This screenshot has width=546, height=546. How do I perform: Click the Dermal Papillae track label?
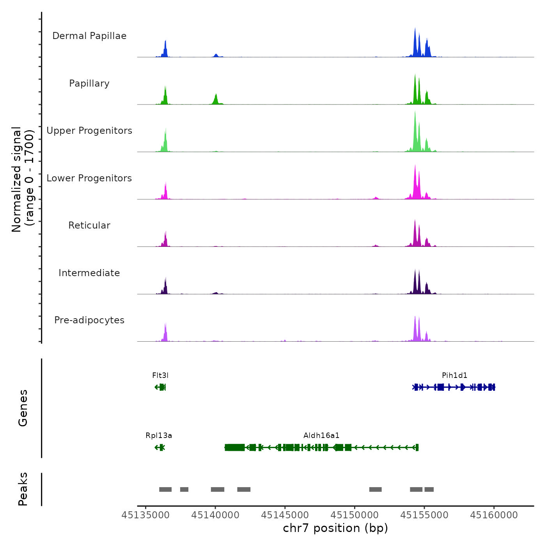click(89, 36)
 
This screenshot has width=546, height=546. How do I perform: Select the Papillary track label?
click(89, 83)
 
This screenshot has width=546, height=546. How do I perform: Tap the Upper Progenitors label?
click(89, 131)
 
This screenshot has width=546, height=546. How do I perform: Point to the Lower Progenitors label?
click(89, 178)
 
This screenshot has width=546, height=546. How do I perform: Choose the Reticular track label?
click(89, 225)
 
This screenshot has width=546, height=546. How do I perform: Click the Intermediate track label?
click(89, 273)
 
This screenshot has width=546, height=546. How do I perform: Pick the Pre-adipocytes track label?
click(89, 320)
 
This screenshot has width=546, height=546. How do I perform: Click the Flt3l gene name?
click(160, 376)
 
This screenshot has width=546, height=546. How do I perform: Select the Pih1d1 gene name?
click(454, 376)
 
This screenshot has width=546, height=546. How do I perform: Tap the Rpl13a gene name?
click(159, 436)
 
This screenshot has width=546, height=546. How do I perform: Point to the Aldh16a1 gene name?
click(321, 436)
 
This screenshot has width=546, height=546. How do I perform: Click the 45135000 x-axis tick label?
click(145, 515)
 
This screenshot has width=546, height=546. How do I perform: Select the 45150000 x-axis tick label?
click(355, 515)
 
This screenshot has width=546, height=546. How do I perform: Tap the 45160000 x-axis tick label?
click(494, 515)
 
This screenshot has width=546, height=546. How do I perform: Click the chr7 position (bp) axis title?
click(335, 528)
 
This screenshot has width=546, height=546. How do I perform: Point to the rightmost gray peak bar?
click(429, 489)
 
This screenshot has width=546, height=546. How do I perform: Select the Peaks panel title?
click(23, 489)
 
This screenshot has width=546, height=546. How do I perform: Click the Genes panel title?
click(23, 408)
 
